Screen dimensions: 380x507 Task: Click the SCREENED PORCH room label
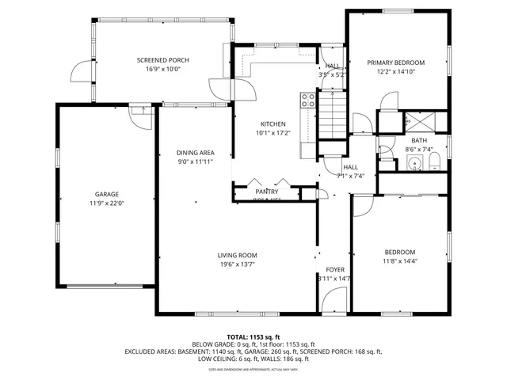[x=162, y=60]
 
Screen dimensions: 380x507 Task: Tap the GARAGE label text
[x=107, y=194]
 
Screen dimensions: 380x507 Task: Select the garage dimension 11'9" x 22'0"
[x=107, y=203]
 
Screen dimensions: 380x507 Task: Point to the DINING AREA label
[x=195, y=152]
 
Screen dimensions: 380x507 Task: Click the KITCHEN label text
[x=273, y=124]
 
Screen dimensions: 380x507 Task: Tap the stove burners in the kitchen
[x=307, y=101]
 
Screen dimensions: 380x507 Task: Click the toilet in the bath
[x=434, y=163]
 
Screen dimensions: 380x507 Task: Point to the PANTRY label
[x=266, y=192]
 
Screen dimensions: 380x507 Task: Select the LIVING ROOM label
[x=238, y=255]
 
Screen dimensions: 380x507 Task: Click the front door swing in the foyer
[x=334, y=301]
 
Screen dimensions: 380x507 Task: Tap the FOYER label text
[x=335, y=270]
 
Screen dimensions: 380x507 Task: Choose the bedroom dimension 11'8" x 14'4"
[x=400, y=261]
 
